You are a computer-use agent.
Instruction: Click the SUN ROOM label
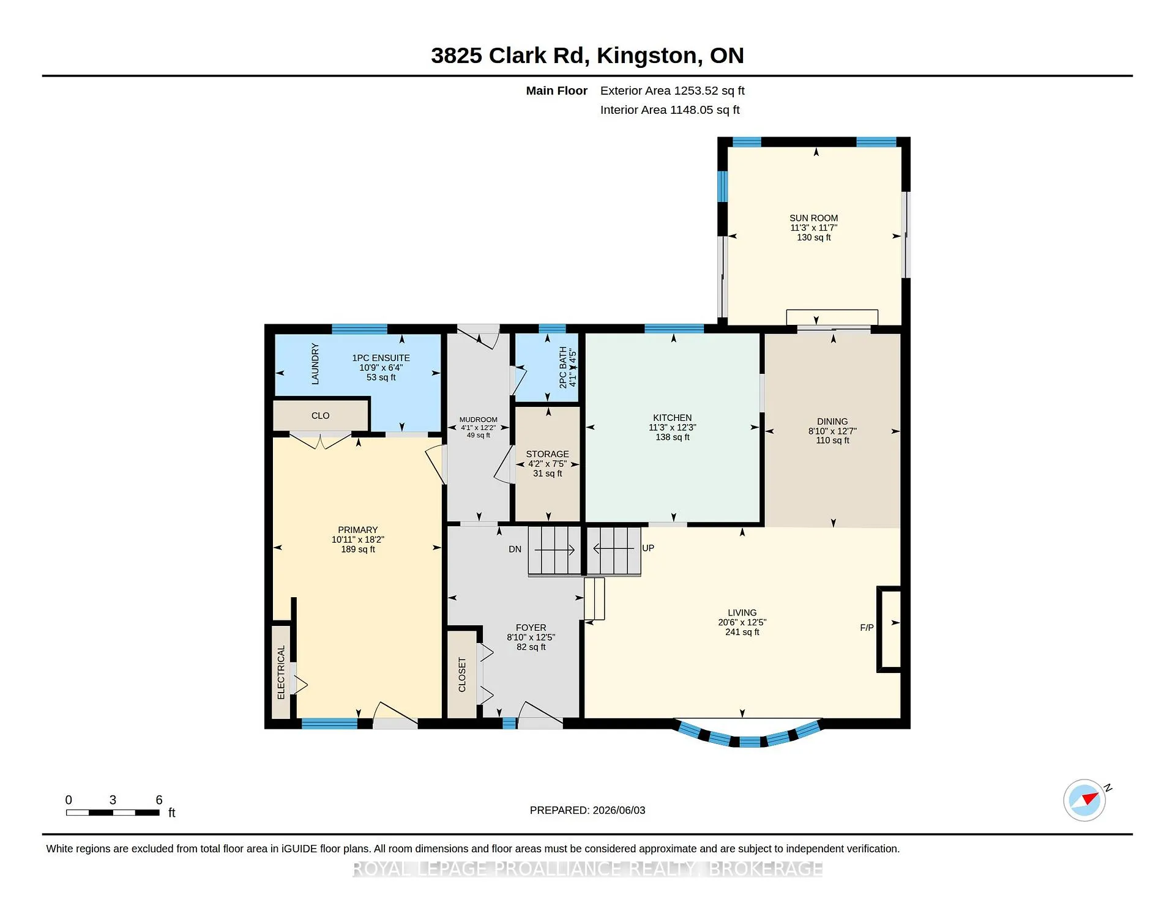813,218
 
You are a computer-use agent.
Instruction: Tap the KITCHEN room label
672,418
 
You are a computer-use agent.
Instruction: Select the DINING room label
832,422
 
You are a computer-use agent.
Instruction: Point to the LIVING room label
742,612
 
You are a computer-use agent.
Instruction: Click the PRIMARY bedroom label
358,530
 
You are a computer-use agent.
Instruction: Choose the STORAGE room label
547,454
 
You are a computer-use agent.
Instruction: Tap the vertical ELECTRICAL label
281,672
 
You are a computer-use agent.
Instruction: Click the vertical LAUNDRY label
315,363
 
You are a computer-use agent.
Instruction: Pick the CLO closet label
320,415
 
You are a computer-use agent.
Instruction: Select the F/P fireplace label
867,627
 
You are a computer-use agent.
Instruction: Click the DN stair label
515,549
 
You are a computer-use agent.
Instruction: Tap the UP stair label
648,548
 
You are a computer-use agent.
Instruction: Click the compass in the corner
1084,800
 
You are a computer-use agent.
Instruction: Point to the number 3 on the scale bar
113,800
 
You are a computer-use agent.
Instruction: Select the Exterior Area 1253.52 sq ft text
672,91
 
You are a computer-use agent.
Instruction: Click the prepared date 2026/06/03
619,810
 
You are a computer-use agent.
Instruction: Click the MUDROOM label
478,420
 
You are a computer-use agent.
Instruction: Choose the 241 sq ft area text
742,632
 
